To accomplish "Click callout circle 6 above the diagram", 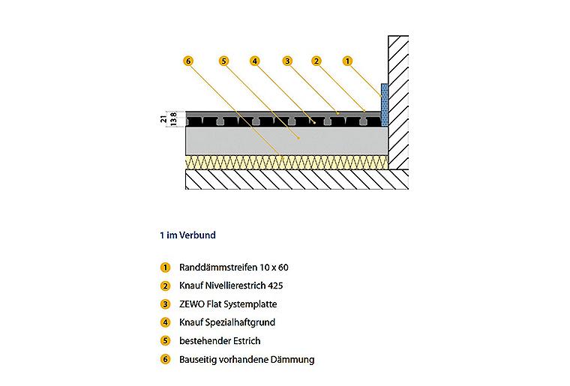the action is pos(188,61).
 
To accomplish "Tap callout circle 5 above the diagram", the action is pos(224,61).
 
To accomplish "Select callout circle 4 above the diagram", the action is pos(255,61).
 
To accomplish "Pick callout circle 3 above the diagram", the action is pos(287,61).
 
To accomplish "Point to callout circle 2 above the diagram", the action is pos(316,61).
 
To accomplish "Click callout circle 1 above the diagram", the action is pos(347,61).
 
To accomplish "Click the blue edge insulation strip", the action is pos(384,105).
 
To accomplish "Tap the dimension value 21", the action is pos(164,118).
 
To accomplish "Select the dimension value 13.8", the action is pos(174,119).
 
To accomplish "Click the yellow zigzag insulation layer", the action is pos(286,163).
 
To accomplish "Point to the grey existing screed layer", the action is pos(286,141).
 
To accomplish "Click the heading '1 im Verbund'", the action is pos(187,235).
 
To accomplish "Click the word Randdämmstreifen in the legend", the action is pos(211,268).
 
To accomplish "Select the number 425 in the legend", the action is pos(275,286).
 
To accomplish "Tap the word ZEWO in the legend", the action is pos(191,304).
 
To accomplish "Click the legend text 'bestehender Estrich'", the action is pos(220,341).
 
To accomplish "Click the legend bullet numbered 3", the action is pos(166,304).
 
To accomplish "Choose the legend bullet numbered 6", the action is pos(166,360).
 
